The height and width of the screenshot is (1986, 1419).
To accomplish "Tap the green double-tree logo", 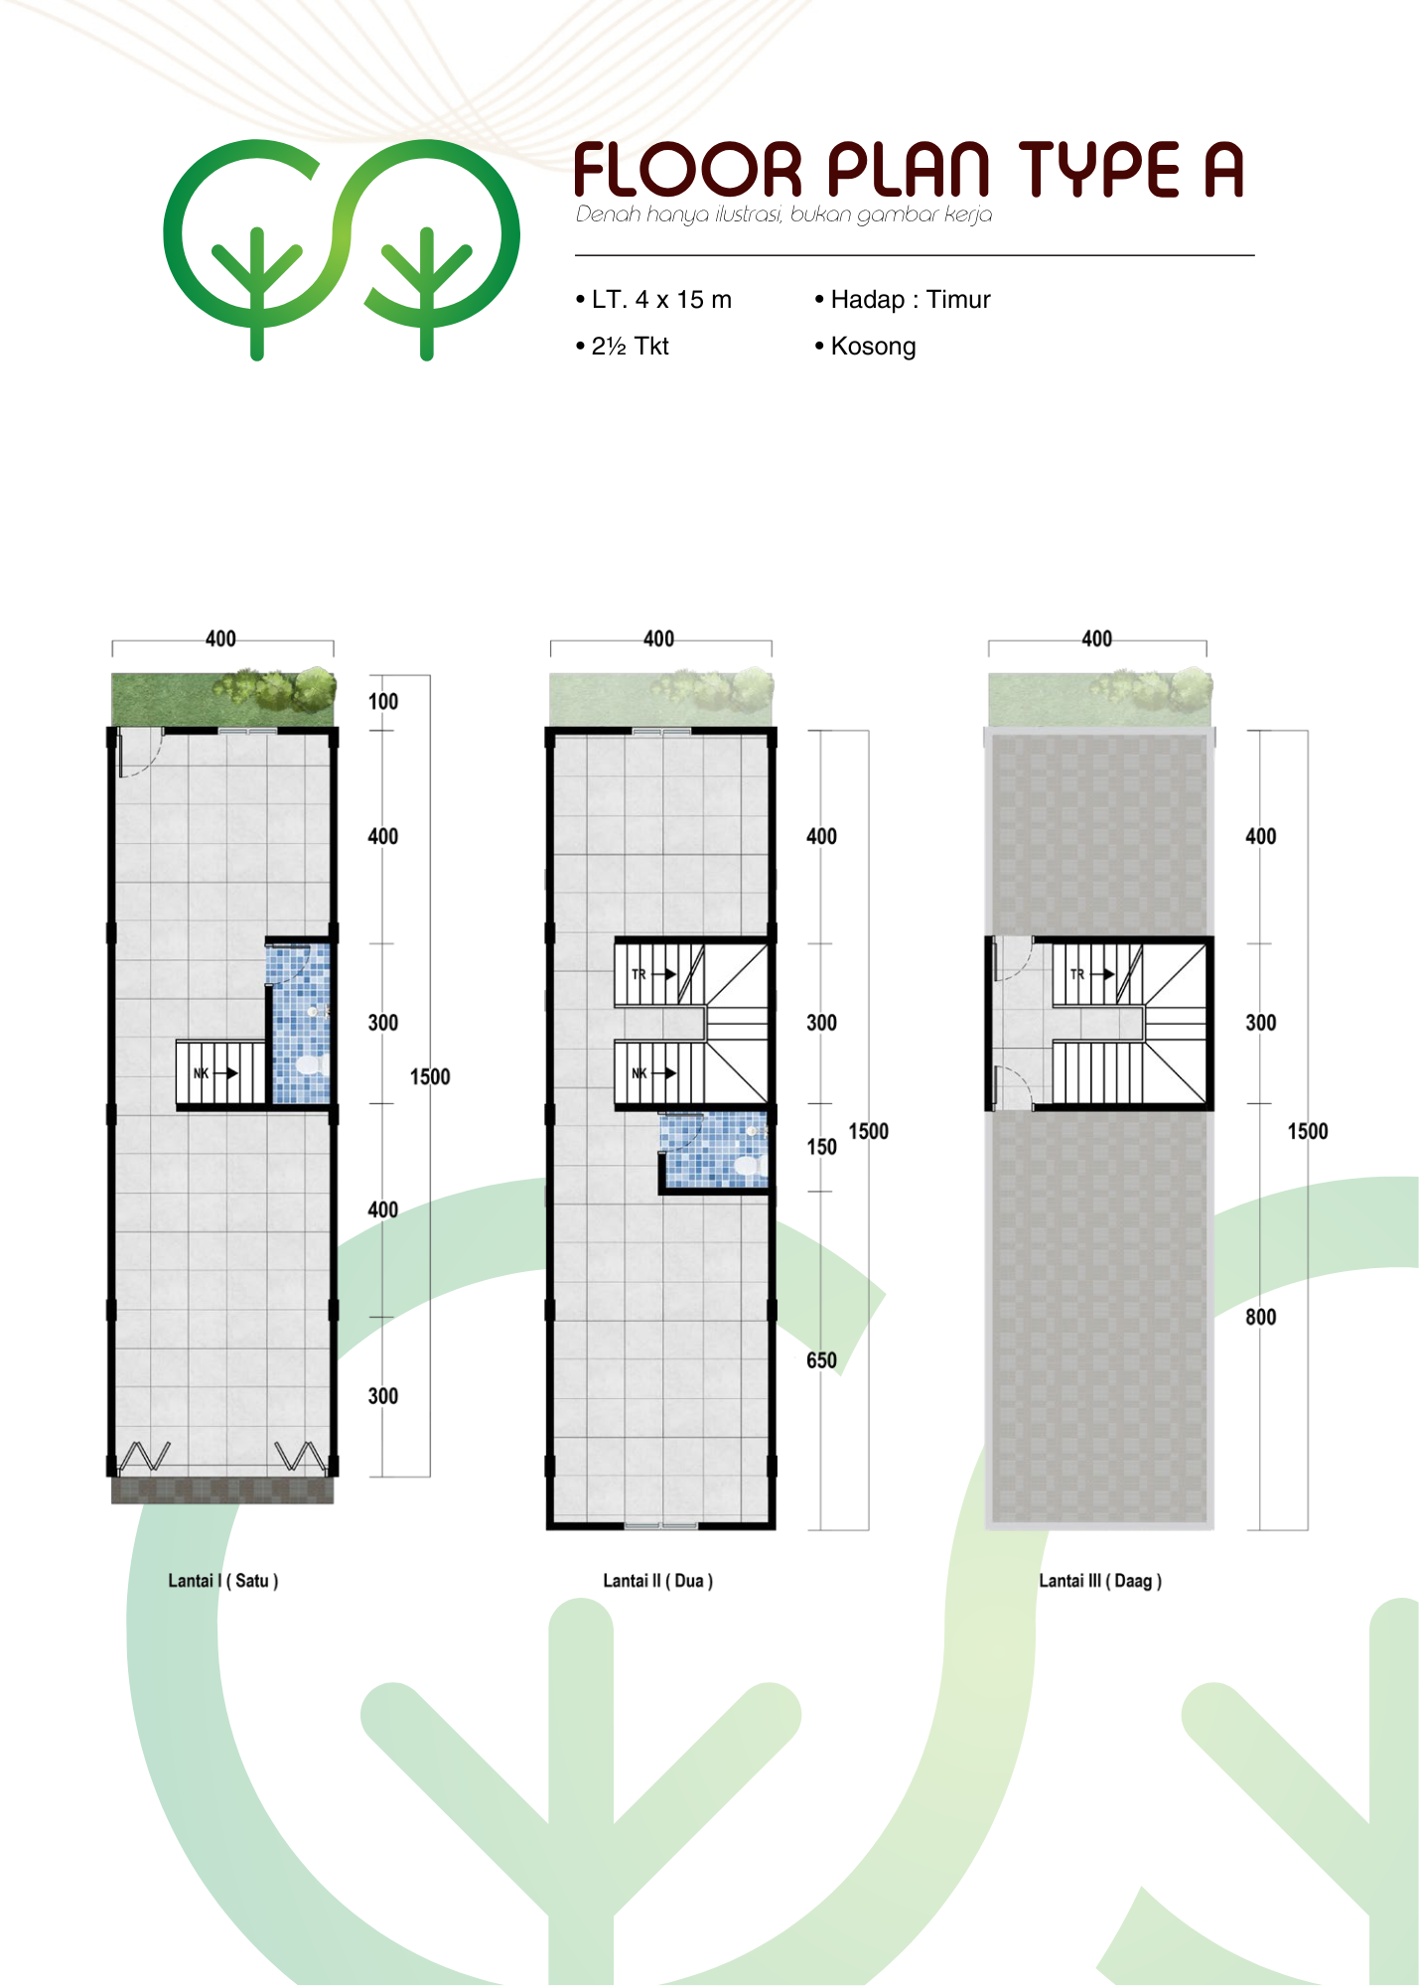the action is point(342,248).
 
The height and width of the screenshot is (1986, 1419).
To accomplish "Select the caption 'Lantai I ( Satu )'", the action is point(223,1580).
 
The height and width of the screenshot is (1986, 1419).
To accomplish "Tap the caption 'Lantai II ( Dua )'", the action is point(658,1580).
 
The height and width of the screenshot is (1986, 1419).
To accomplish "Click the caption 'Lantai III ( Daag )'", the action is point(1100,1580).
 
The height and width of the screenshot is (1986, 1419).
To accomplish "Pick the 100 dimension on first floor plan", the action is point(383,701).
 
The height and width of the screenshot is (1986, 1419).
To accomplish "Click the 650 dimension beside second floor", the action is point(821,1359).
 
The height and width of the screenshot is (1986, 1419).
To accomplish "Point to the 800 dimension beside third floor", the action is point(1261,1317).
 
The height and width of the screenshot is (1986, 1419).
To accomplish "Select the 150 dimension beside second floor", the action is point(821,1147).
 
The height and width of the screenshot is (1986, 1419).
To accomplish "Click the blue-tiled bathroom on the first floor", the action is point(300,1024).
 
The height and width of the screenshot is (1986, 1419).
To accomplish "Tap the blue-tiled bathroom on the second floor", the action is point(715,1150).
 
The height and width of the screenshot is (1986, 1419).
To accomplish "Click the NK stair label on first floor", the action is point(201,1073).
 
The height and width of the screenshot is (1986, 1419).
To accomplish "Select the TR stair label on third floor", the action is point(1077,974).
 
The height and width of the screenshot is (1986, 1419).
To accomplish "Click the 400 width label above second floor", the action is point(659,638).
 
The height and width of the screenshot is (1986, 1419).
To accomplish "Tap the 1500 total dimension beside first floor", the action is point(430,1076).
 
